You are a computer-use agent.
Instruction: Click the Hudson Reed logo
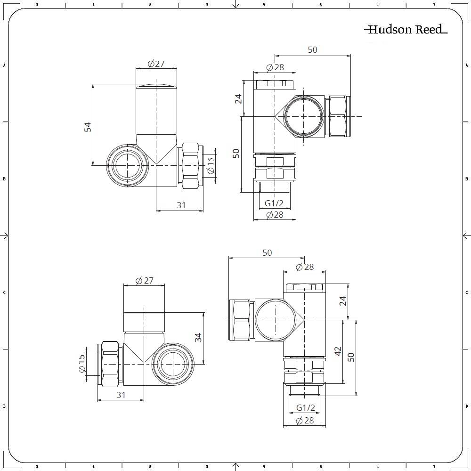coord(405,30)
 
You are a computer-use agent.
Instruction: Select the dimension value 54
coord(88,126)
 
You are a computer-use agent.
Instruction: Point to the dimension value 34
coord(198,338)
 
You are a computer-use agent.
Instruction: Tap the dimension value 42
coord(337,351)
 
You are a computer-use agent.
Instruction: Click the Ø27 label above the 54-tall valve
coord(156,64)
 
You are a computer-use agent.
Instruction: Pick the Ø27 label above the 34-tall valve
coord(144,281)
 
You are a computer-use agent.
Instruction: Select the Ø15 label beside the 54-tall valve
coord(211,164)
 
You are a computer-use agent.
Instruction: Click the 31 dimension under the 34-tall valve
coord(121,395)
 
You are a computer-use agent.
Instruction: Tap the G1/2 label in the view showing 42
coord(305,407)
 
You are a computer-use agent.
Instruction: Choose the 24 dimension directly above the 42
coord(343,300)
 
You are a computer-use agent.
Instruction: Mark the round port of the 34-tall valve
coord(175,363)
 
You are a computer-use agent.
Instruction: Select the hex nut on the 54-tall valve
coord(191,164)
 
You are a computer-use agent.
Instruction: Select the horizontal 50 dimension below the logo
coord(312,50)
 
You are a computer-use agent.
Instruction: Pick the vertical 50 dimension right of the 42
coord(350,357)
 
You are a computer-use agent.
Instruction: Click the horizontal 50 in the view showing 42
coord(267,253)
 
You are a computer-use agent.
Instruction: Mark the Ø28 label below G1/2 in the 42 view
coord(305,421)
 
